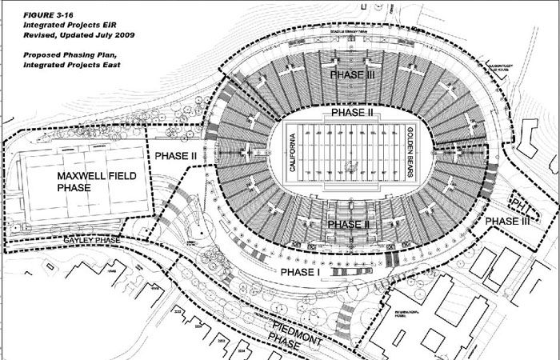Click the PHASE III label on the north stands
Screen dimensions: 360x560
(354, 74)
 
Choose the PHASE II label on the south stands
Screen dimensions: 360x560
(349, 225)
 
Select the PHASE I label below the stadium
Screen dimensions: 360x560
(300, 272)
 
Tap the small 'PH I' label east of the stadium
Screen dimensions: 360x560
(520, 203)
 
